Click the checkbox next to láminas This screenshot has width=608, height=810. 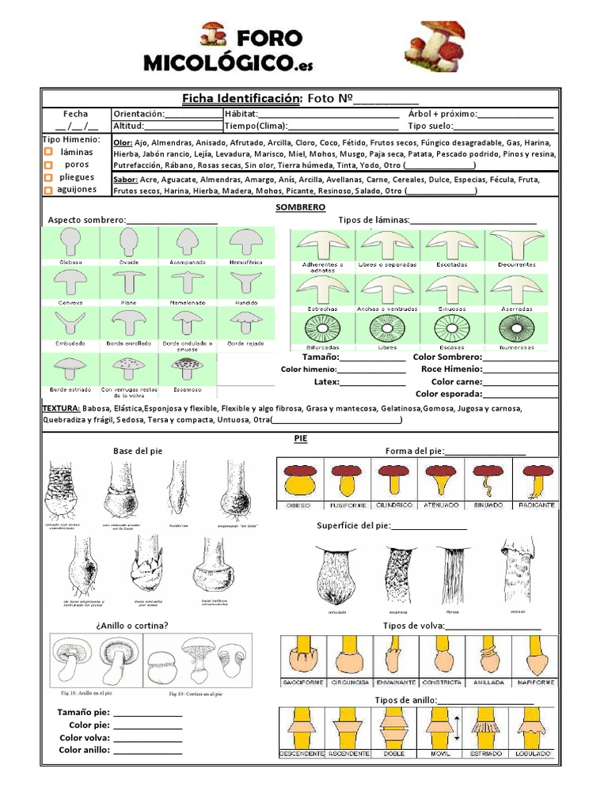click(x=48, y=152)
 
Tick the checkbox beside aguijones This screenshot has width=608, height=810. click(x=48, y=190)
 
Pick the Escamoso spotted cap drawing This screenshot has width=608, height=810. click(x=187, y=368)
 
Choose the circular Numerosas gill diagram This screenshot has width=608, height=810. click(x=516, y=327)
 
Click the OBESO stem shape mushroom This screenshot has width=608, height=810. click(x=299, y=479)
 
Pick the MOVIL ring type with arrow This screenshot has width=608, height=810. click(x=440, y=727)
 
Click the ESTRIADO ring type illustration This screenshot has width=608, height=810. click(x=487, y=727)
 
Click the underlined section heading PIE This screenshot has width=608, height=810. click(x=300, y=437)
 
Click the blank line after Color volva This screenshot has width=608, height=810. click(x=147, y=739)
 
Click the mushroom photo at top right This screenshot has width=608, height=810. click(x=434, y=45)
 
